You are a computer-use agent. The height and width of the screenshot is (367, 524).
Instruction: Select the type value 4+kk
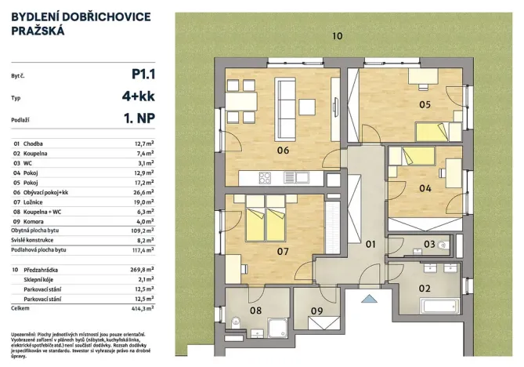coord(136,99)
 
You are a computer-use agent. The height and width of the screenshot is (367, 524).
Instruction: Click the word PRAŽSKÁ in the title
coord(38,32)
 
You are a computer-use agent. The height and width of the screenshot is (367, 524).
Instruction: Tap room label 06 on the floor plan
coord(283,151)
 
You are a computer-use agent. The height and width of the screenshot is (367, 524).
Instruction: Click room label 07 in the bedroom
coord(283,251)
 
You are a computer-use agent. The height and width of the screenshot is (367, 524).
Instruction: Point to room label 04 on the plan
coord(425,188)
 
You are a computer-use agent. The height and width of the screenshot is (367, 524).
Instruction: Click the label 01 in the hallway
coord(372,245)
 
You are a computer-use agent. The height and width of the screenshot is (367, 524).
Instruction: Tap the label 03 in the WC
coord(429,245)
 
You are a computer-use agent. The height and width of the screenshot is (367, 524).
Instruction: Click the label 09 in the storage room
coord(316,311)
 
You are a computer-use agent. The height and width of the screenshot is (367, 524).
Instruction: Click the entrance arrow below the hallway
coord(370,299)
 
